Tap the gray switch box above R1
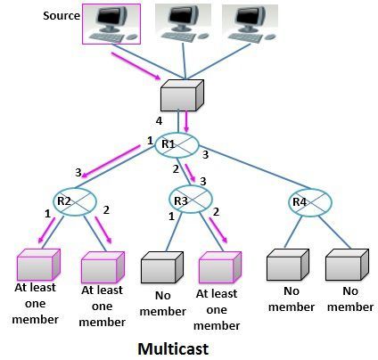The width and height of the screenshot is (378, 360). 182,95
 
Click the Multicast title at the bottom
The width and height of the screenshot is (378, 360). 174,347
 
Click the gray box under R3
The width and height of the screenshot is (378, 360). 160,267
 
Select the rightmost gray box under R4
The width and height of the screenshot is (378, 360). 346,266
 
